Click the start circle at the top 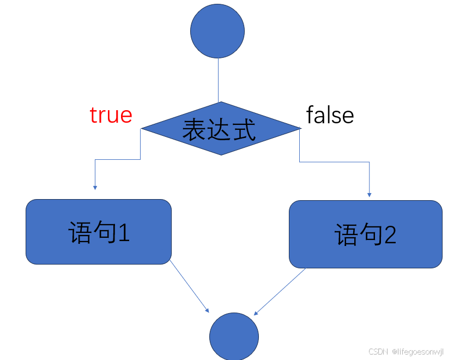[x=217, y=31]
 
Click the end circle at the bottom [x=234, y=336]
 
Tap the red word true [x=111, y=115]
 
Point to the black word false [x=330, y=116]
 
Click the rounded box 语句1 [x=99, y=232]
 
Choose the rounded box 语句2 [x=365, y=234]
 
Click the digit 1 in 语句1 [x=124, y=233]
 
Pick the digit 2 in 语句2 [x=390, y=235]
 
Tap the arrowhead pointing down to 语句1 [x=95, y=187]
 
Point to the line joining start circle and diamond [x=218, y=80]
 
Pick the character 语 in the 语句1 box [x=80, y=233]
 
